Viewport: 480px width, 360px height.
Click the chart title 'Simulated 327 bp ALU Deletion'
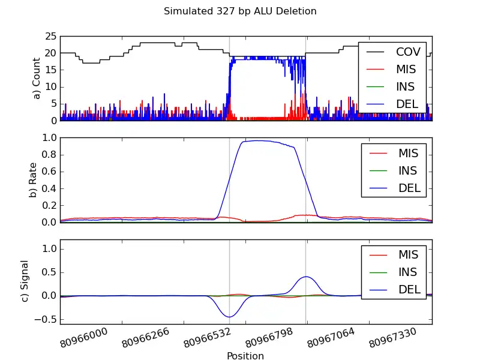click(240, 11)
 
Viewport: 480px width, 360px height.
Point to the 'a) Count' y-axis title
click(37, 78)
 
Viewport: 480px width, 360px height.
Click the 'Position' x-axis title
click(245, 356)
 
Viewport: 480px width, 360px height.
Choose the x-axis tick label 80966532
click(208, 340)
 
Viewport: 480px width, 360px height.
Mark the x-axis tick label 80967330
click(393, 340)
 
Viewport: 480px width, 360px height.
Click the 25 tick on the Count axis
click(50, 36)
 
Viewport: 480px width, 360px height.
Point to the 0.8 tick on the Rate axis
click(48, 155)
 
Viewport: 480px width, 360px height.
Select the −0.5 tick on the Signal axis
click(46, 319)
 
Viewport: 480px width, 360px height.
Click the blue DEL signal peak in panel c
click(306, 277)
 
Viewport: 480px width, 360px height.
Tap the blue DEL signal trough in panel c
click(229, 316)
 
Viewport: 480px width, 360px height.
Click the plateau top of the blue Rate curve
click(255, 140)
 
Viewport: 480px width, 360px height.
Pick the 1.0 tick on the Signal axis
click(48, 248)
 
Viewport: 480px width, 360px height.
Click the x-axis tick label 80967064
click(331, 340)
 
